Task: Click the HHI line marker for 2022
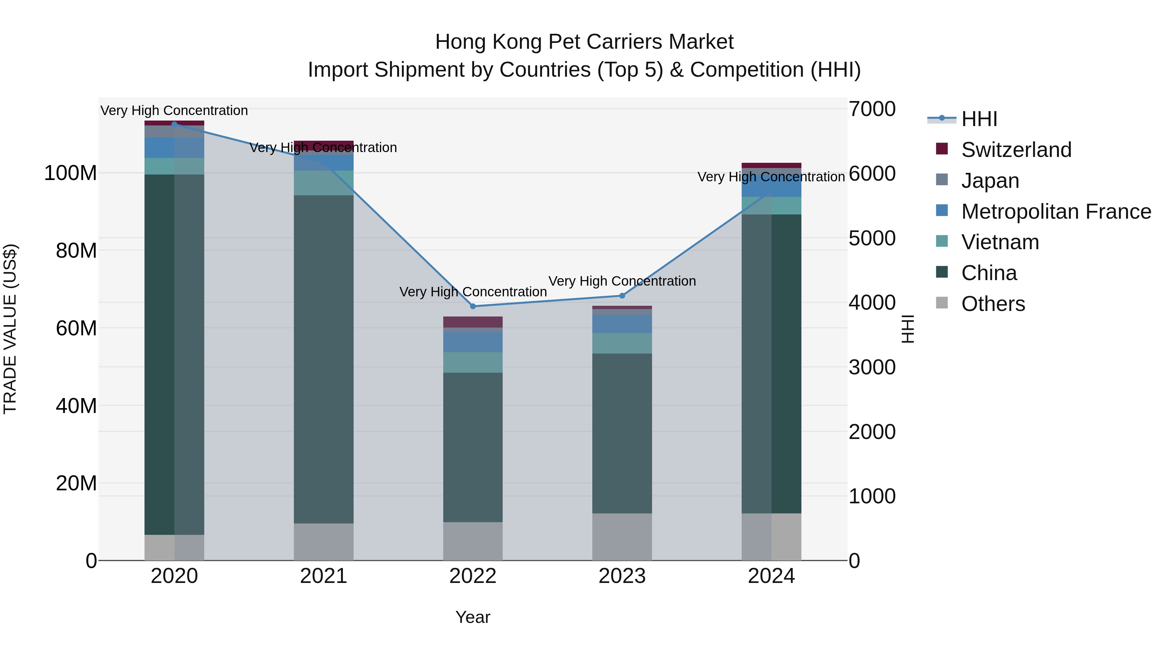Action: (473, 306)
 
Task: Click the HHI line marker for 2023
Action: (622, 296)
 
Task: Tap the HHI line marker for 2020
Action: (174, 124)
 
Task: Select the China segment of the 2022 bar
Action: (473, 447)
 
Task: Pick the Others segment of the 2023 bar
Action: (622, 537)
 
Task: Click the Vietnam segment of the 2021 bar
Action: (323, 183)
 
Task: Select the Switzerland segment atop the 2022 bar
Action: (473, 322)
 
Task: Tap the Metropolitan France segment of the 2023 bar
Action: (622, 324)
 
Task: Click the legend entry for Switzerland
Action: (1016, 150)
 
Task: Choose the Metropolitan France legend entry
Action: (1056, 212)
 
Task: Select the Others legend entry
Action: (993, 304)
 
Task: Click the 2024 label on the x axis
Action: (771, 576)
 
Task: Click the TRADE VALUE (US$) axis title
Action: (10, 329)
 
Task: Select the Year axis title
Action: (473, 617)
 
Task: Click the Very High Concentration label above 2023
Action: (622, 281)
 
